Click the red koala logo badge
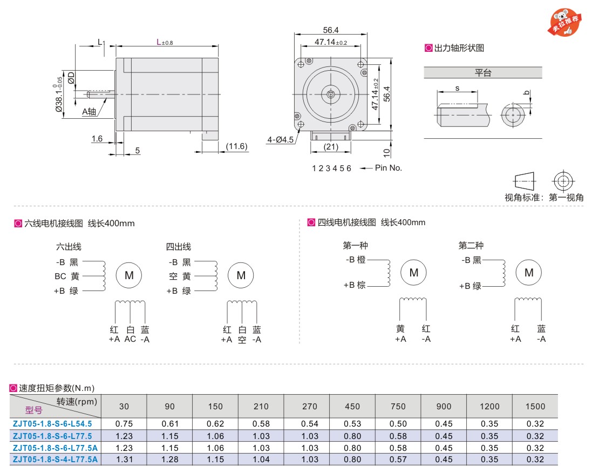click(x=567, y=22)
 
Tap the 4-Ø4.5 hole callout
click(x=281, y=140)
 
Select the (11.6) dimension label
click(x=236, y=146)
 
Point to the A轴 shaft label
click(x=89, y=112)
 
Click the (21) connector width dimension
click(x=331, y=147)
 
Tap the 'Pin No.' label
click(x=389, y=168)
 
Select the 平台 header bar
click(x=483, y=72)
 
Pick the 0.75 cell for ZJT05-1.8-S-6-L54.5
click(x=124, y=424)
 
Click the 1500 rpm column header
click(x=535, y=406)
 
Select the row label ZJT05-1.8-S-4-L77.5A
click(x=56, y=460)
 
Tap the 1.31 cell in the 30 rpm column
click(x=124, y=460)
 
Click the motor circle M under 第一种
click(x=413, y=273)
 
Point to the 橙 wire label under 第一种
click(x=361, y=260)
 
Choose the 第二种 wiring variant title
click(x=471, y=246)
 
